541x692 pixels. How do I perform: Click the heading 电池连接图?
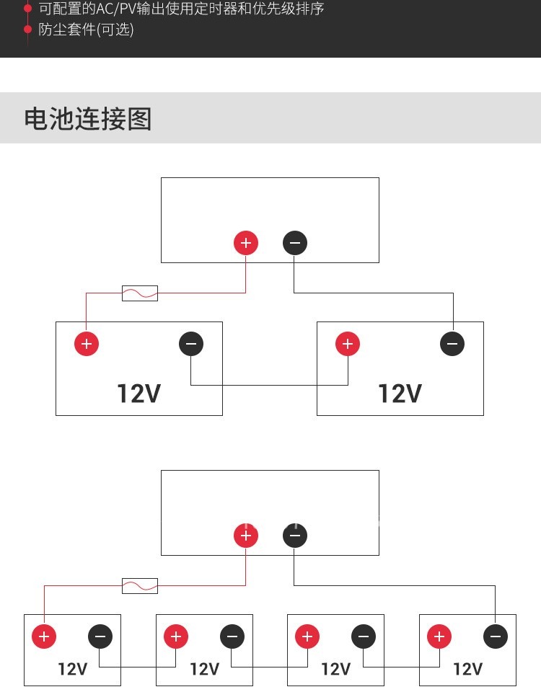click(88, 119)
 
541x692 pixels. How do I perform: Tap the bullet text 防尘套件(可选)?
click(86, 30)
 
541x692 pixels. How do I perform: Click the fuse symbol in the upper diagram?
click(140, 293)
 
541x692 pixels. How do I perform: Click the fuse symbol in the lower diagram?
click(140, 586)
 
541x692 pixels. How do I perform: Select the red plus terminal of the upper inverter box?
click(246, 243)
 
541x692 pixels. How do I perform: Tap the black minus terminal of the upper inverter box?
click(294, 243)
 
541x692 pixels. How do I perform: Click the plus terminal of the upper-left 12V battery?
click(87, 344)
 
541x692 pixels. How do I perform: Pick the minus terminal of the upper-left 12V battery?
click(191, 344)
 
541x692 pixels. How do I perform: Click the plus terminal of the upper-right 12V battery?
click(348, 344)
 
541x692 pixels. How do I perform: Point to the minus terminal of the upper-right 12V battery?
click(452, 344)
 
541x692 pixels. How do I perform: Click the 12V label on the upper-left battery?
click(138, 394)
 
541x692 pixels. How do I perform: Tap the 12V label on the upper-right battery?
click(400, 394)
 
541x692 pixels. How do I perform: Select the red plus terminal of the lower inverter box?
click(246, 536)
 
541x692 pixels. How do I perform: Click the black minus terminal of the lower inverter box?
click(294, 536)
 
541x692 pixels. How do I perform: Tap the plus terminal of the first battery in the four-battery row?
click(44, 636)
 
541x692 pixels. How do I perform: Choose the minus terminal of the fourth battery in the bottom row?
click(495, 636)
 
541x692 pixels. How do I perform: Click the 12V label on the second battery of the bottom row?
click(204, 669)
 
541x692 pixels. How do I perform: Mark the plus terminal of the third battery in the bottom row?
click(307, 636)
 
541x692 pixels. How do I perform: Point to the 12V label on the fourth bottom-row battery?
click(467, 669)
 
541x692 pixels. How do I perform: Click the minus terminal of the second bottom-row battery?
click(232, 636)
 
